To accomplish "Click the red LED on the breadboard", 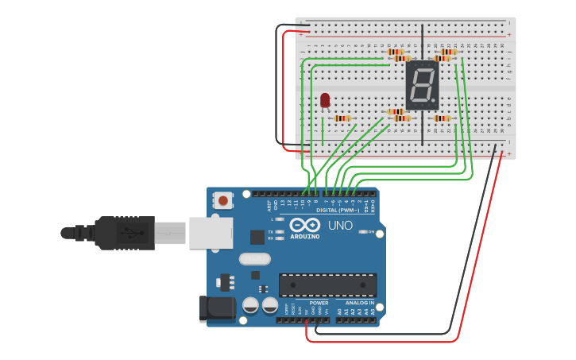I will (x=325, y=99).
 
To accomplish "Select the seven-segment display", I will (x=422, y=85).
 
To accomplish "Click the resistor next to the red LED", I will (x=342, y=118).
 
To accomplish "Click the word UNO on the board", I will (x=341, y=226).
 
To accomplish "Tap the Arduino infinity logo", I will (x=304, y=224).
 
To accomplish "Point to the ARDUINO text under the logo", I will (x=304, y=236).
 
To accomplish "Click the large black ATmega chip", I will (x=327, y=285).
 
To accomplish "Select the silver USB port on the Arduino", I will (x=210, y=233).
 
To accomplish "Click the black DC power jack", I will (x=217, y=308).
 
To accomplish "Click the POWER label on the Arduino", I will (x=319, y=303).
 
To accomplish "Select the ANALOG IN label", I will (x=360, y=303).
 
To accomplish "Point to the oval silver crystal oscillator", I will (x=255, y=258).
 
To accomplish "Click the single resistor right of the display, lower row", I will (x=442, y=118).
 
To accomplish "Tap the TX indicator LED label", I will (x=271, y=230).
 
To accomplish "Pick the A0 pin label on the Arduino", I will (x=340, y=312).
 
